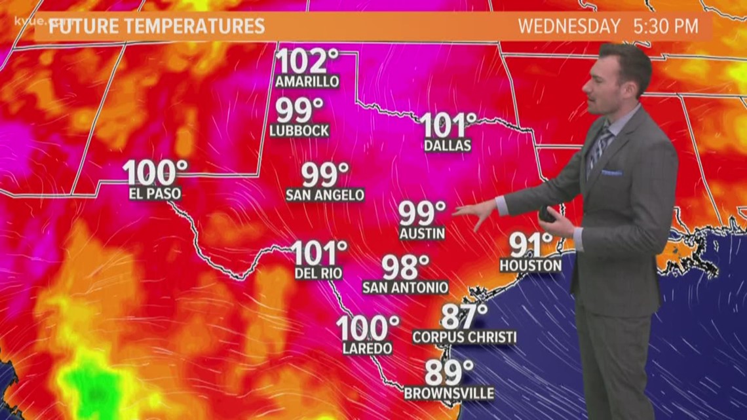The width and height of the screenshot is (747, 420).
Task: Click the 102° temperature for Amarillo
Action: (307, 62)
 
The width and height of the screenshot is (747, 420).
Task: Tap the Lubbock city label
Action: (299, 130)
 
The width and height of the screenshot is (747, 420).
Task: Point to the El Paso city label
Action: (155, 194)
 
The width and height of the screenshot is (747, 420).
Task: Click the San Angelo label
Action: (325, 195)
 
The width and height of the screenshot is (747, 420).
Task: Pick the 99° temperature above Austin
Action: (422, 214)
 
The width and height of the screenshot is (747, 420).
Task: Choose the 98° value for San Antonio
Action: (405, 267)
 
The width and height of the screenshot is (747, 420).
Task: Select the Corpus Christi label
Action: (464, 337)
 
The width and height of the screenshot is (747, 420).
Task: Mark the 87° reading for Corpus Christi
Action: (463, 317)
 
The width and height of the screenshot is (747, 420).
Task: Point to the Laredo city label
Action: (367, 349)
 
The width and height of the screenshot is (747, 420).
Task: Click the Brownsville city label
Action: (449, 393)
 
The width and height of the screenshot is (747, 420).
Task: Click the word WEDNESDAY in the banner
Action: (569, 27)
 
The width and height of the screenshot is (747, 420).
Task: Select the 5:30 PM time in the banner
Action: (666, 27)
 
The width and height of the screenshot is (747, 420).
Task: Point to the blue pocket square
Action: (611, 172)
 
